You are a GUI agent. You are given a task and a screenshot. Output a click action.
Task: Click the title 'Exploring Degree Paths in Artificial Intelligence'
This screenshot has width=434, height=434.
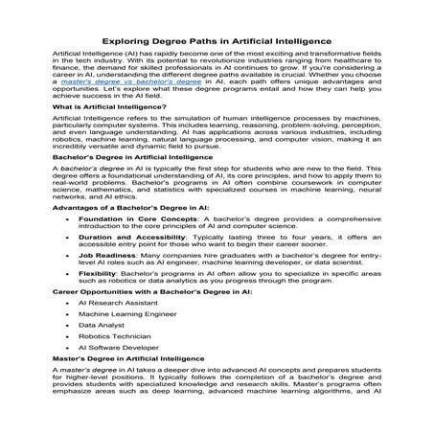point(217,42)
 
